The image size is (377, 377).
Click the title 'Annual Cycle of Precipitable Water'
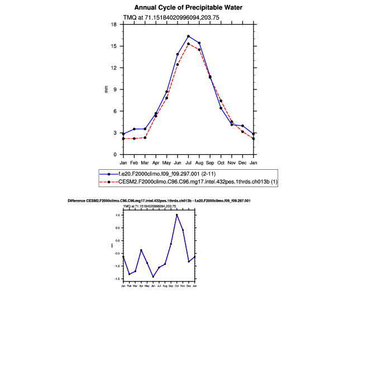click(188, 7)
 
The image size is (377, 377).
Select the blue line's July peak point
click(188, 36)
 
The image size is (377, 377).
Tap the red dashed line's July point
click(188, 44)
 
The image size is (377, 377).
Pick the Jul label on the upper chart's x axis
click(188, 163)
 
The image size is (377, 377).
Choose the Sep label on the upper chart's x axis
click(210, 163)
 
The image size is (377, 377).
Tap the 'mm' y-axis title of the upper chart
click(106, 89)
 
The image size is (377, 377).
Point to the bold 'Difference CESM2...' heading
click(159, 200)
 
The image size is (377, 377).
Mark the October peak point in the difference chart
click(176, 214)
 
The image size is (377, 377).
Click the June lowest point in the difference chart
click(153, 276)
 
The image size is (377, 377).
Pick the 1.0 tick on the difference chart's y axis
click(119, 214)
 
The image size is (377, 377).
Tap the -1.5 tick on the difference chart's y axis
click(118, 278)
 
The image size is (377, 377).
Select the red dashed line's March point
click(145, 137)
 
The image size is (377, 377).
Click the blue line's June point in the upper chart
click(178, 54)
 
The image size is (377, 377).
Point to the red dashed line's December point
click(242, 132)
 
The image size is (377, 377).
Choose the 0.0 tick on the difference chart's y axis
click(119, 240)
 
